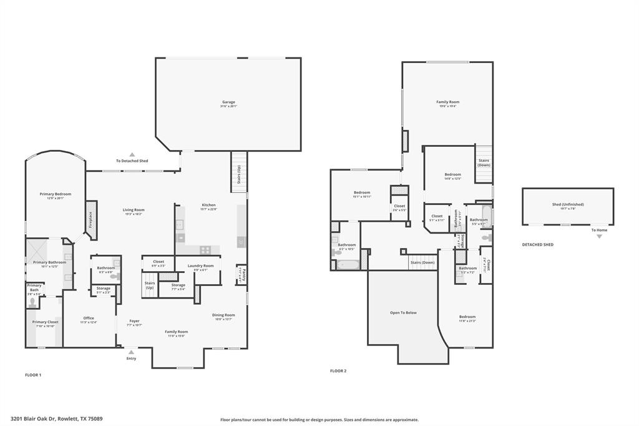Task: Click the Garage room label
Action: click(228, 102)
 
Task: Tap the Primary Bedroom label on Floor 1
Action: click(56, 194)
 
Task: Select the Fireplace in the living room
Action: click(91, 220)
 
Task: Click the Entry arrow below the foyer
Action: click(132, 352)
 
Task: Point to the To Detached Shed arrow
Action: click(132, 155)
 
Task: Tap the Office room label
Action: click(89, 319)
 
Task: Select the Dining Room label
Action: click(223, 315)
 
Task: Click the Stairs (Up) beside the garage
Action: click(239, 172)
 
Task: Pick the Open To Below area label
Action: click(403, 312)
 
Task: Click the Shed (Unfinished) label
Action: click(568, 204)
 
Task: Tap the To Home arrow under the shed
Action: click(599, 236)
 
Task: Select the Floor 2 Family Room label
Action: click(447, 102)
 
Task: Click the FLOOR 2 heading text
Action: click(338, 370)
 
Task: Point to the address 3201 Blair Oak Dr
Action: click(56, 419)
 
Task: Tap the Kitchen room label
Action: click(208, 206)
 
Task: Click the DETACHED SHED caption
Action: click(537, 245)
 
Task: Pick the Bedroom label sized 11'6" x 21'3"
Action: click(467, 317)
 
